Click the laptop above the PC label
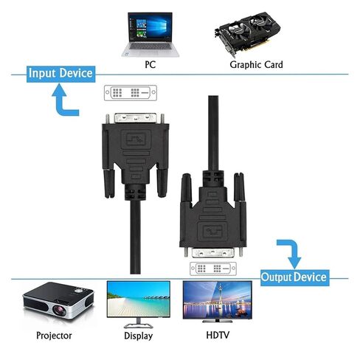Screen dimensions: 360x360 [150, 35]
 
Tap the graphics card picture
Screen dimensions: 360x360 [247, 33]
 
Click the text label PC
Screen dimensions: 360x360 [150, 65]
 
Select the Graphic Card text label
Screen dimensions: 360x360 [256, 65]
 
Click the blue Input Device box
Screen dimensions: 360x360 [60, 74]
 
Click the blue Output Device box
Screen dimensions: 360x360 [294, 277]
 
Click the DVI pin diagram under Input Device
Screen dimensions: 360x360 [131, 93]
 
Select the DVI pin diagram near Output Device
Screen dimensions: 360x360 [213, 269]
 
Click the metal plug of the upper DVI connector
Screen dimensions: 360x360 [136, 118]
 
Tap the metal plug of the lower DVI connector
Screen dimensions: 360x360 [213, 253]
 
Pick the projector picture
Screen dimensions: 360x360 [58, 300]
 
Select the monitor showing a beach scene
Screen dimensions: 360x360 [139, 305]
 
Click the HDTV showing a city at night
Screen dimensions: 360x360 [218, 302]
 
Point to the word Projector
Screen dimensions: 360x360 [54, 336]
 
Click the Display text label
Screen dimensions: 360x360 [138, 336]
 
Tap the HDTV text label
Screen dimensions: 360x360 [218, 335]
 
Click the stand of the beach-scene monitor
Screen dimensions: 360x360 [139, 324]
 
